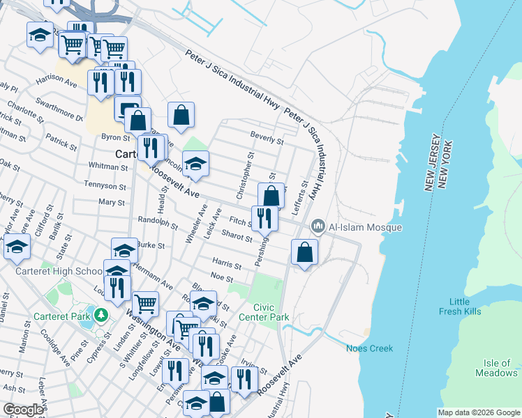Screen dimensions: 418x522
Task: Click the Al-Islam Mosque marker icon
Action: (x=318, y=226)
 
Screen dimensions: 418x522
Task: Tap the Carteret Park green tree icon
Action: (x=100, y=315)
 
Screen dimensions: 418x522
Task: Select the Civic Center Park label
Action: (x=271, y=312)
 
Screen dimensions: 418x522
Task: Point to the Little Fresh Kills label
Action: (x=465, y=306)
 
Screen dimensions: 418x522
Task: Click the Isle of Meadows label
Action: (x=500, y=368)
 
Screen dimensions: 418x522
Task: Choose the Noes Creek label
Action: (x=369, y=348)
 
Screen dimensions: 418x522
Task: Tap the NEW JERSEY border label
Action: (x=431, y=162)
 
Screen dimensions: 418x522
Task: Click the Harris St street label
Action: (x=226, y=265)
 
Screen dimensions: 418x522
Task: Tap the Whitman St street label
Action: (x=108, y=167)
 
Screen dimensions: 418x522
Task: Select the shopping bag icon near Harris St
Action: (x=304, y=252)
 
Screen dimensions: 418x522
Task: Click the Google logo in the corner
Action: (x=23, y=410)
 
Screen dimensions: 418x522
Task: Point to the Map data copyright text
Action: (x=479, y=412)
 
